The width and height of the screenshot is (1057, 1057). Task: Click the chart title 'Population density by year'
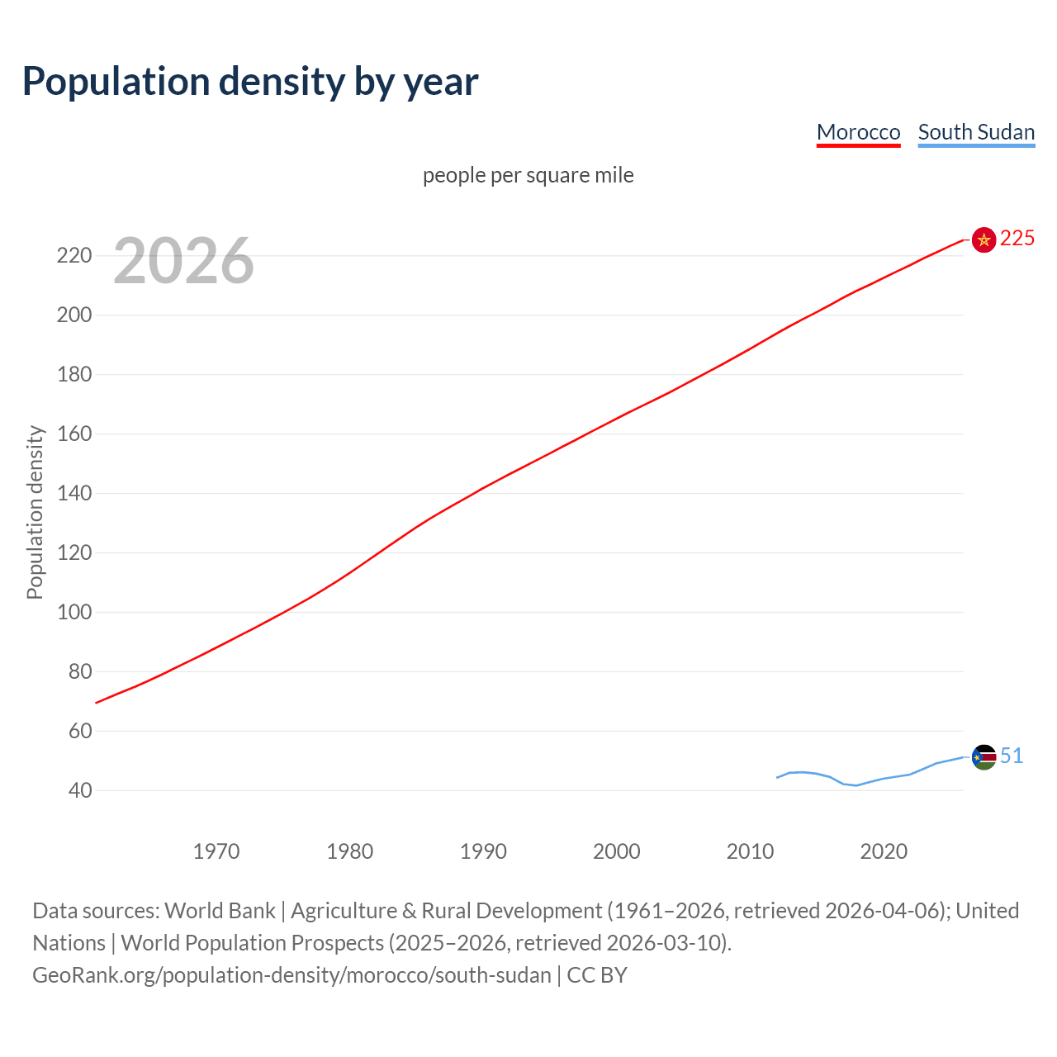pos(250,81)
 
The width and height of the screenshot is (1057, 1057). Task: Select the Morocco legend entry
pos(858,132)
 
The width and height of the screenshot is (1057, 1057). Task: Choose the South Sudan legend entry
pos(976,132)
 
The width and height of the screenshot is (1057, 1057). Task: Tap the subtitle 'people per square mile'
pos(528,175)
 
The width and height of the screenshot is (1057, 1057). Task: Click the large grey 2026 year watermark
pos(183,261)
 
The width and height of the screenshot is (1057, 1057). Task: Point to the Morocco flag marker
pos(984,239)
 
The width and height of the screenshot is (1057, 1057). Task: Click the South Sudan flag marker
pos(984,756)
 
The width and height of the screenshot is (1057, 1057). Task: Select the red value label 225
pos(1017,239)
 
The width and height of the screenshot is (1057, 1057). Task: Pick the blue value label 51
pos(1012,756)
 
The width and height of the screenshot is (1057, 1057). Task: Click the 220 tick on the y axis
pos(74,256)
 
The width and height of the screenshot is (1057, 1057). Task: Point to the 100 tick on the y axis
pos(74,613)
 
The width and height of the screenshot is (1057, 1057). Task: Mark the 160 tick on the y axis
pos(74,434)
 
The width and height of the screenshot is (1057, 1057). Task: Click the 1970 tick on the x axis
pos(216,851)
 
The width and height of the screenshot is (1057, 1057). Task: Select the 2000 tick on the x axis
pos(616,851)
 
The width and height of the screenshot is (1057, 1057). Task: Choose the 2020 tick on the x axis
pos(884,851)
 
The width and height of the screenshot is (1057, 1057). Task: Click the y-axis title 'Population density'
pos(35,512)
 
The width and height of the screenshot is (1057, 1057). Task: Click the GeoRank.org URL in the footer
pos(292,975)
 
